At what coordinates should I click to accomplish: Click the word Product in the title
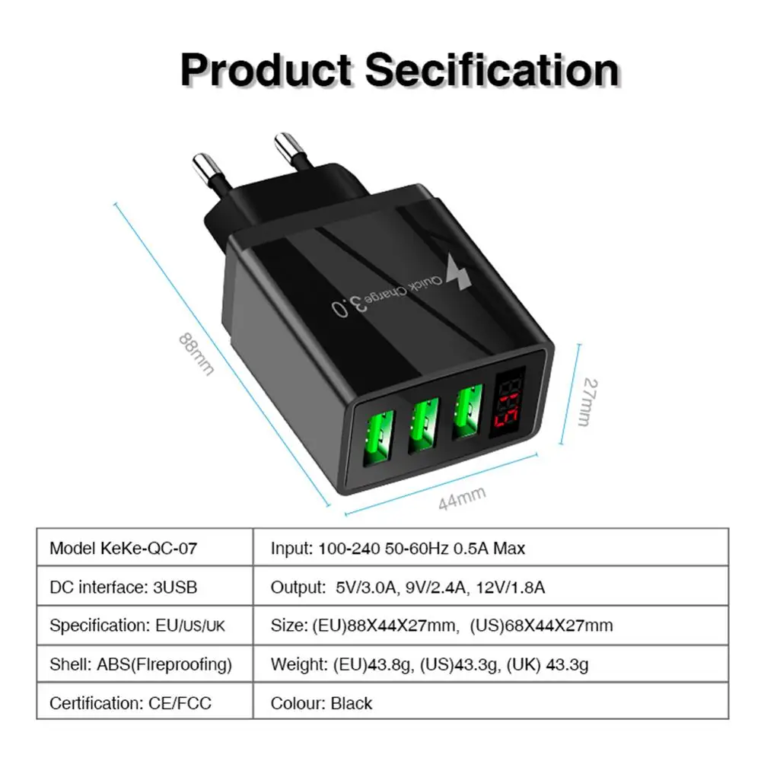click(265, 70)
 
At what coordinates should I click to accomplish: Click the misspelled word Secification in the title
click(492, 70)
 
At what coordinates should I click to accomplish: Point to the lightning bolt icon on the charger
click(460, 273)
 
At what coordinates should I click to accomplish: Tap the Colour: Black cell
click(321, 703)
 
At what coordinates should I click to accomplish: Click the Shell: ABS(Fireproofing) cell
click(140, 664)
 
